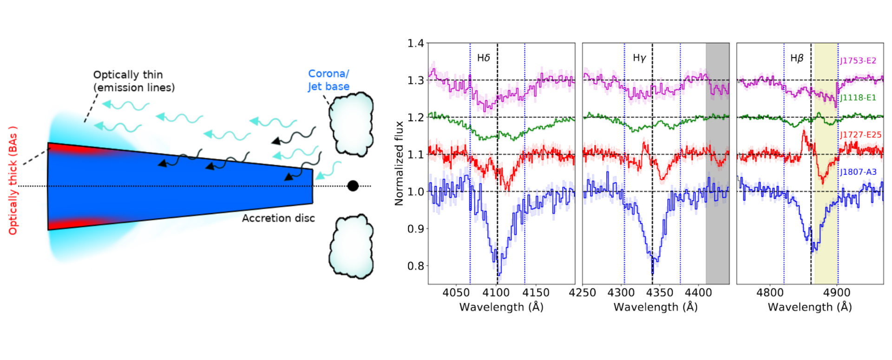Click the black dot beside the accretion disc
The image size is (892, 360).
353,186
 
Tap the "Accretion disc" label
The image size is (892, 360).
278,218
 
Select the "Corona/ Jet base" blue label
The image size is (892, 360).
328,80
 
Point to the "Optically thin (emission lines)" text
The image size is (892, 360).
134,81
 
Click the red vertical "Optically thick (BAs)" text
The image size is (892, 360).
13,180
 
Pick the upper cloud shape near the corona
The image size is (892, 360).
351,124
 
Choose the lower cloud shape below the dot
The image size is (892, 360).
351,246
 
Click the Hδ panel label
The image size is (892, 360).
484,58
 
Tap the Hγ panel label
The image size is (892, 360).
639,58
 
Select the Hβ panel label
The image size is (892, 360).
797,58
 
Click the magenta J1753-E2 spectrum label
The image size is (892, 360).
858,61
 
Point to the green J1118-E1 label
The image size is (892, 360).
858,98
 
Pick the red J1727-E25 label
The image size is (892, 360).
860,135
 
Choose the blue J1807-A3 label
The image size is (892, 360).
858,172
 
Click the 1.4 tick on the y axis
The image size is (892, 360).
415,44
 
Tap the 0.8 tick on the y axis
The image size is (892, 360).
415,266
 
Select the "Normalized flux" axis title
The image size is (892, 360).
399,163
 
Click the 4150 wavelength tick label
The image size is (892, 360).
536,293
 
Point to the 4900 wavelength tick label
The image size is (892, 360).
837,293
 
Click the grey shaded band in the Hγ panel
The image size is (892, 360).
717,163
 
